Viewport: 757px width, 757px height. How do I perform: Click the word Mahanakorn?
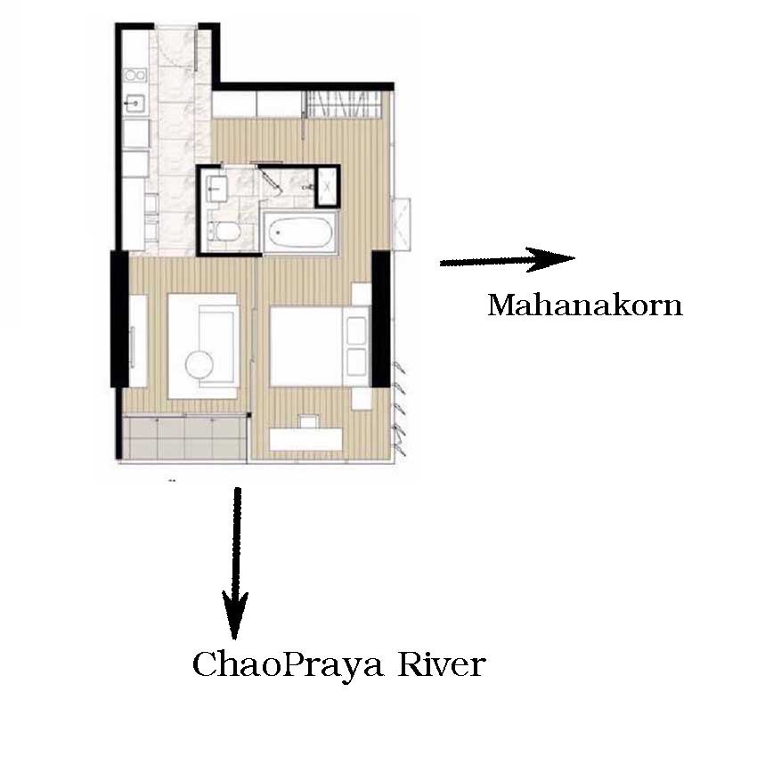[x=585, y=305]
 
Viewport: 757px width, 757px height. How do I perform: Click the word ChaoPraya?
[x=289, y=665]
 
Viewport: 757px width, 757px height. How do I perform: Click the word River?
[x=441, y=663]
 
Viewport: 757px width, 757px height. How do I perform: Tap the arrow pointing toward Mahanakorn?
[x=507, y=260]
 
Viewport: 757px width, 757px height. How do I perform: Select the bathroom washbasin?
[x=216, y=188]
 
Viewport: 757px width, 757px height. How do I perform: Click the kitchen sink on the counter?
[x=135, y=103]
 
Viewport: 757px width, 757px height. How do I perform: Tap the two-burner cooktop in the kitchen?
[x=135, y=76]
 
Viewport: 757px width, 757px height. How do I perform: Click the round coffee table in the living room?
[x=199, y=365]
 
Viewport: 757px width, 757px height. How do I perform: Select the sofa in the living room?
[x=217, y=346]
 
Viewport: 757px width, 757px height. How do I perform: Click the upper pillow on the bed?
[x=356, y=330]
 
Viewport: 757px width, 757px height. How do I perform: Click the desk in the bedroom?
[x=306, y=439]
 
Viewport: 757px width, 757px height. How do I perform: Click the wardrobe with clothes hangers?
[x=346, y=104]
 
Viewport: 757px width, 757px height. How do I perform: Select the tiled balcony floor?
[x=184, y=437]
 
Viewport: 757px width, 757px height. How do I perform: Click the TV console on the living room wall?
[x=139, y=340]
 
